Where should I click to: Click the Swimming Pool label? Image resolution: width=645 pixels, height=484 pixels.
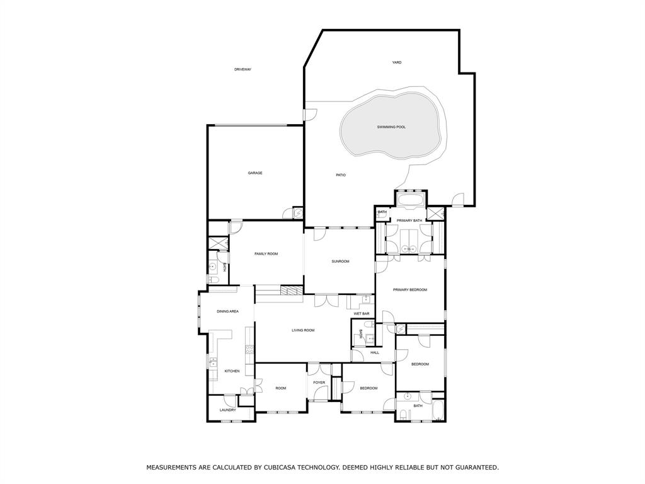coord(391,127)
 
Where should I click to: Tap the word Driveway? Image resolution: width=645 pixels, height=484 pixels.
coord(243,69)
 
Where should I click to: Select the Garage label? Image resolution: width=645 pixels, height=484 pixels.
coord(254,173)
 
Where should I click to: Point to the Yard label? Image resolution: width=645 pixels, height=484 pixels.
coord(397,62)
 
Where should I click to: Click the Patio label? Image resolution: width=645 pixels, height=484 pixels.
coord(340,175)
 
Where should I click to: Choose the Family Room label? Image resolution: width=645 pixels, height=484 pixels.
coord(266,253)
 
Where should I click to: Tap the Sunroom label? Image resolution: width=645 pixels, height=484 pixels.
coord(340,261)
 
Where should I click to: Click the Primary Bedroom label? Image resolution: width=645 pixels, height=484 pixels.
coord(409,289)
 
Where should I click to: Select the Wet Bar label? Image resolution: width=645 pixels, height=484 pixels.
coord(361,313)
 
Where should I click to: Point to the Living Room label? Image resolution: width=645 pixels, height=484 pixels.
coord(302,330)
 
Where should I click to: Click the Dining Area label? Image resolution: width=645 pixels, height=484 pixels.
coord(227,311)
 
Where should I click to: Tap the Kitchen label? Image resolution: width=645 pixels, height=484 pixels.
coord(232,371)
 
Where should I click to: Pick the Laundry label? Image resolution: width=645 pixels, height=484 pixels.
coord(227,410)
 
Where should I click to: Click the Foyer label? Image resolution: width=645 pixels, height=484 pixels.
coord(319,382)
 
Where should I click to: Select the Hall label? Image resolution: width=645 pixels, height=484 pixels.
coord(375,352)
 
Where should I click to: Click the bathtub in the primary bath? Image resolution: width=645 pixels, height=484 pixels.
coord(411,200)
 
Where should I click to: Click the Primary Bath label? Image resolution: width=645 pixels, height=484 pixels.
coord(409,220)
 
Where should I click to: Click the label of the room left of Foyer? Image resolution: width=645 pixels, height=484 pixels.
coord(280,388)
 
